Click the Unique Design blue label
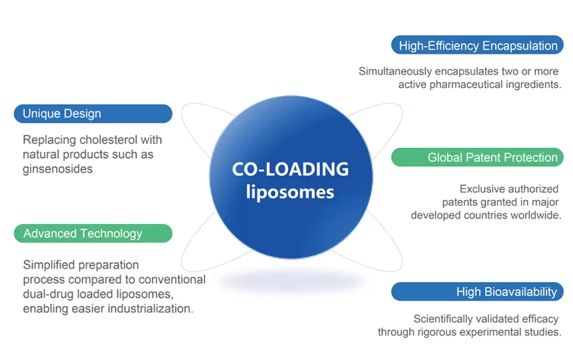(x=93, y=113)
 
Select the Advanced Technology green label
(x=93, y=233)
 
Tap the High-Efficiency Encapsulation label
(x=477, y=45)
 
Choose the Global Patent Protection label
(x=477, y=157)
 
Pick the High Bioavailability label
(x=477, y=291)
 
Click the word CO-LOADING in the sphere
(x=290, y=169)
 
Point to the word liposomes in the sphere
(x=290, y=192)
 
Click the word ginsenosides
(x=57, y=169)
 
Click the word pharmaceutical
(x=471, y=85)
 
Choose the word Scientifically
(x=448, y=319)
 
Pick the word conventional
(x=169, y=279)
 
